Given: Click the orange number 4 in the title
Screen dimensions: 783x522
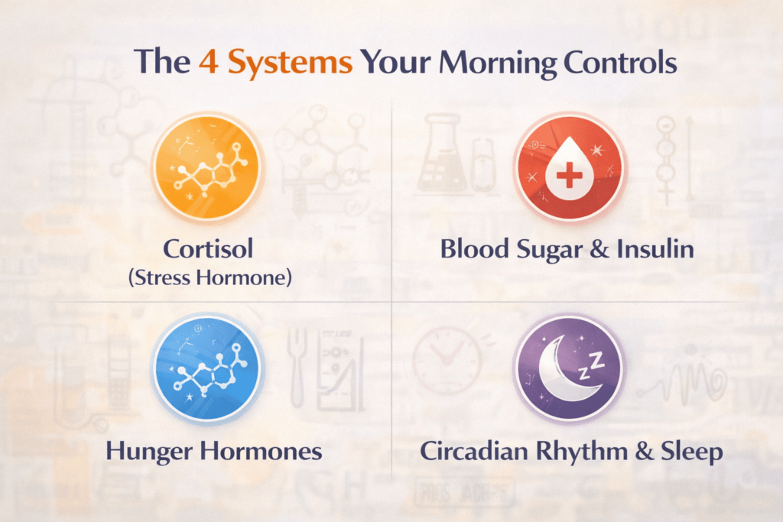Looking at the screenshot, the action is [x=208, y=63].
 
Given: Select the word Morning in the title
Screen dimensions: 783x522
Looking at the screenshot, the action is [x=497, y=64].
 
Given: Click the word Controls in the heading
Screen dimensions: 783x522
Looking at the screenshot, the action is [x=620, y=63].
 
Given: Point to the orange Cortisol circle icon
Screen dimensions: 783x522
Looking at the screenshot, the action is [x=206, y=167].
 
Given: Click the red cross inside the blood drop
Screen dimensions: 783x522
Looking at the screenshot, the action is [x=569, y=175].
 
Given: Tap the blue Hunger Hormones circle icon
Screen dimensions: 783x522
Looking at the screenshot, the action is [x=206, y=368].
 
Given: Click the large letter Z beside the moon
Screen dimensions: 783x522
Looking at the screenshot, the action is [x=596, y=360].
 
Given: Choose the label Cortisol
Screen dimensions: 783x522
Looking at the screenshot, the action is [x=208, y=248].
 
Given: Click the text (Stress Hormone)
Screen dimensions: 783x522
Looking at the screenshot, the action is [x=210, y=277].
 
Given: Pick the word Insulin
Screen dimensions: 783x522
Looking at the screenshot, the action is [x=655, y=248].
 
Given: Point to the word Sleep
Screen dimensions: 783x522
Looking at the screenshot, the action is [x=692, y=452].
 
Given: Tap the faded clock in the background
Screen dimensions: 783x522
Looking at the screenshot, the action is [x=447, y=360].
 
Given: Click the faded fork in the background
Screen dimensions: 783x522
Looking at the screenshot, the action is [x=297, y=368].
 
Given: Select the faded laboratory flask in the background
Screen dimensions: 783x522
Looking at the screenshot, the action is [x=443, y=153].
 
